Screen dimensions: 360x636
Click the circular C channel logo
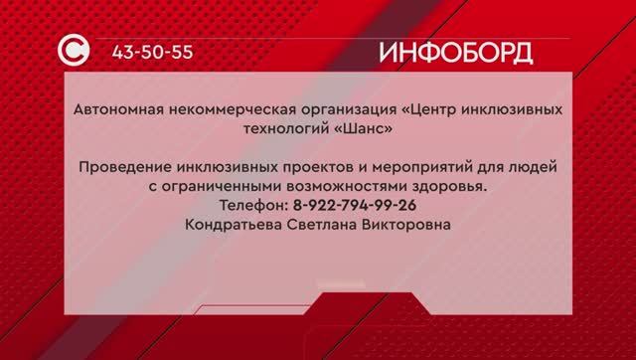79,51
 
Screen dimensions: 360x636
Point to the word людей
531,165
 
